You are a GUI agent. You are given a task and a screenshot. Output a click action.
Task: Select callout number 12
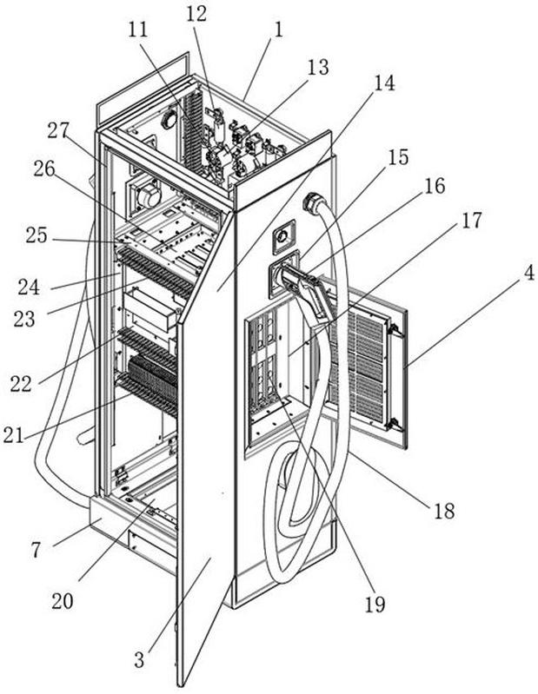pos(196,13)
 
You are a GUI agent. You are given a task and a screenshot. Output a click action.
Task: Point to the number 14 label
pos(383,83)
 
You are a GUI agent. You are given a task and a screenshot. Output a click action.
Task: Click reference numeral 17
pos(470,221)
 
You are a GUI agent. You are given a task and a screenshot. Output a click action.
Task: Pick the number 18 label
pos(443,511)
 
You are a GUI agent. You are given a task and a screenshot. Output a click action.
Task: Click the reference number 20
pos(62,601)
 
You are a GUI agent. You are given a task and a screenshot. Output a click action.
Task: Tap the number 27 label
pos(58,130)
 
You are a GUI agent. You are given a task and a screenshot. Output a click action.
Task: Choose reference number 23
pos(24,319)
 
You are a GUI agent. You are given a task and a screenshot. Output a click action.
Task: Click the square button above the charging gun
pos(284,235)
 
